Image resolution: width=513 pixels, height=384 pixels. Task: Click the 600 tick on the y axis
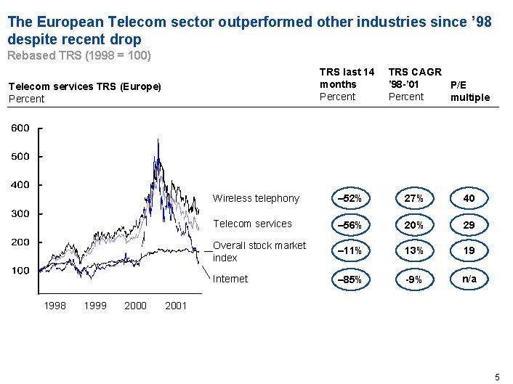pyautogui.click(x=20, y=128)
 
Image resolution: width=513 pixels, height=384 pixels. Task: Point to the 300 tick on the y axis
pyautogui.click(x=20, y=214)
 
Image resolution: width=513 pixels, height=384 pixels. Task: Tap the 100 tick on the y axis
pyautogui.click(x=20, y=271)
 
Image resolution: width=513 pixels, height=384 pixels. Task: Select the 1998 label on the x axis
pyautogui.click(x=55, y=306)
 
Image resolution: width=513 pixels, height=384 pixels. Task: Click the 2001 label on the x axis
pyautogui.click(x=176, y=306)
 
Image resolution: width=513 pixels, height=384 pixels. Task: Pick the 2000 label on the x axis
pyautogui.click(x=135, y=306)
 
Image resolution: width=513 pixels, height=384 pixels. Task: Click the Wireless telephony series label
pyautogui.click(x=255, y=198)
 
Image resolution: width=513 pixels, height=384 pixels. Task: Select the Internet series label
pyautogui.click(x=230, y=279)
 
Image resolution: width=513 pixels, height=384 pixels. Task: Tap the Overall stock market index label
pyautogui.click(x=259, y=251)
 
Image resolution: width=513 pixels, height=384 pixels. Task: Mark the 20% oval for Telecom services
pyautogui.click(x=414, y=225)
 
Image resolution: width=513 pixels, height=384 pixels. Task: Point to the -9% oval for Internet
pyautogui.click(x=414, y=279)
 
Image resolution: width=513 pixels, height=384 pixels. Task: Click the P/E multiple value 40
pyautogui.click(x=469, y=199)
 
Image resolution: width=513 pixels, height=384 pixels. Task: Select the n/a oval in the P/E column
pyautogui.click(x=469, y=279)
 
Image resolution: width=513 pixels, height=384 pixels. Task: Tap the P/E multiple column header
pyautogui.click(x=470, y=91)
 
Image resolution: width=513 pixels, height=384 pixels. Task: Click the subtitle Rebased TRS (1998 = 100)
pyautogui.click(x=78, y=54)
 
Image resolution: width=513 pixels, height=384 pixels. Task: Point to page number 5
pyautogui.click(x=497, y=376)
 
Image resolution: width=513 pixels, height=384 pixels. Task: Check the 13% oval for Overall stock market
pyautogui.click(x=414, y=251)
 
